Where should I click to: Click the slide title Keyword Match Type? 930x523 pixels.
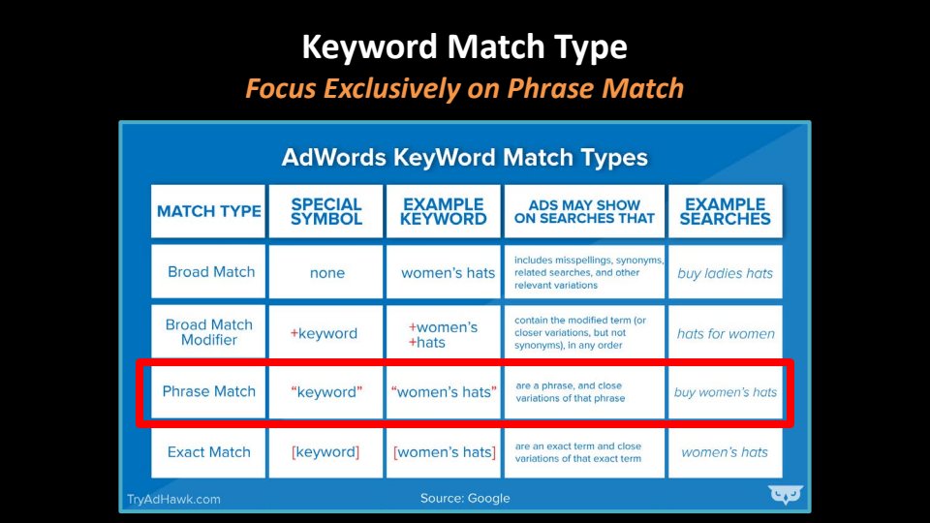[464, 47]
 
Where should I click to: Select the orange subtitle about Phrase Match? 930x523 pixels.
[464, 88]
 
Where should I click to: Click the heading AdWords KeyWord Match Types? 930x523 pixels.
[464, 158]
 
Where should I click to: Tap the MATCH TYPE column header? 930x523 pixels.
[209, 211]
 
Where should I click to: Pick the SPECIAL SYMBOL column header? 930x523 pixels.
[326, 211]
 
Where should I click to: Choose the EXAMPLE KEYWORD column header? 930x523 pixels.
[443, 211]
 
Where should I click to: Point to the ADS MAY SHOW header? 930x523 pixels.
[584, 211]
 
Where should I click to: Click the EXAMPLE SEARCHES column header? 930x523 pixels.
[725, 211]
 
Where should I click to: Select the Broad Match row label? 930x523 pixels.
[211, 272]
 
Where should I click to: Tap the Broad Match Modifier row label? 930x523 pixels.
[209, 332]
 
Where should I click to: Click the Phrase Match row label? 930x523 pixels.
[209, 391]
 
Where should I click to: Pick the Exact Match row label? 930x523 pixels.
[209, 452]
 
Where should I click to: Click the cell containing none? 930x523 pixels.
[326, 273]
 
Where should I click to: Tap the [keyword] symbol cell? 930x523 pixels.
[325, 452]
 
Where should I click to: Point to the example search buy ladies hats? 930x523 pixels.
[726, 273]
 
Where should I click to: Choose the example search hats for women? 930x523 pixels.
[726, 334]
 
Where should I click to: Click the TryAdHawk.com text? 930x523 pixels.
[173, 500]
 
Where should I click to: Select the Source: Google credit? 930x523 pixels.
[465, 498]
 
